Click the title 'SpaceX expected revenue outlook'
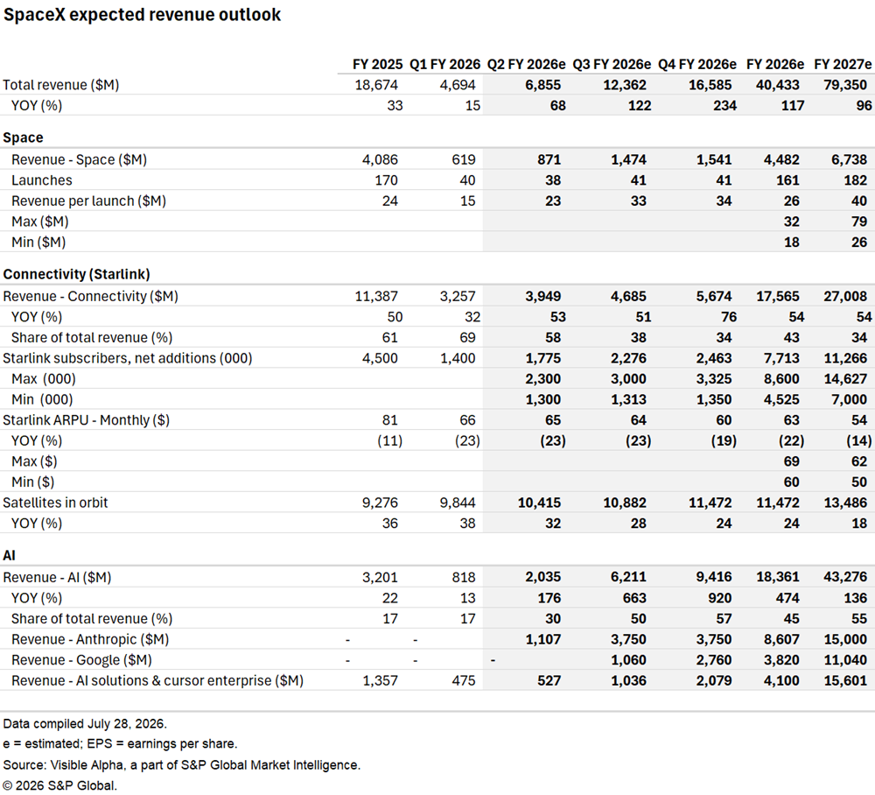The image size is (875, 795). coord(142,15)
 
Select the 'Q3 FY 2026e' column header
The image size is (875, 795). coord(612,65)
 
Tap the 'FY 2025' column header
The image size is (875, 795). coord(377,65)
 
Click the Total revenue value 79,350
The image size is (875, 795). coord(845,86)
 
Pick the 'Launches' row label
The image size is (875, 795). coord(42,180)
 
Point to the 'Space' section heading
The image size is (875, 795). coord(23,137)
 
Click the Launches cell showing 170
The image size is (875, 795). coord(386,180)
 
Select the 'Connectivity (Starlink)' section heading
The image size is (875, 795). coord(76,274)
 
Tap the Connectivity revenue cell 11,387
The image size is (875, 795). coord(376,297)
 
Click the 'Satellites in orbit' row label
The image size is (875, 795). coord(55,503)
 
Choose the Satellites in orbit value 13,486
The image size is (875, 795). coord(845,503)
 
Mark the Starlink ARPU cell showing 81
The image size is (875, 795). coord(390,420)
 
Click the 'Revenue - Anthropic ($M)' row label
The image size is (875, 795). coord(90,640)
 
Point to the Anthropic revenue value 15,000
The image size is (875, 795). coord(845,640)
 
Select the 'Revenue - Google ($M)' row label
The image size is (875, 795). coord(81,660)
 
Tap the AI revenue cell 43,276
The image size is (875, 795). coord(845,577)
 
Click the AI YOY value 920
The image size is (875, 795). coord(720,599)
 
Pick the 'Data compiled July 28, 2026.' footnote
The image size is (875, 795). coord(85,724)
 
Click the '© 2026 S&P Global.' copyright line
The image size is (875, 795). coord(59,786)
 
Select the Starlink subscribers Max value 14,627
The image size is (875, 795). coord(845,379)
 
